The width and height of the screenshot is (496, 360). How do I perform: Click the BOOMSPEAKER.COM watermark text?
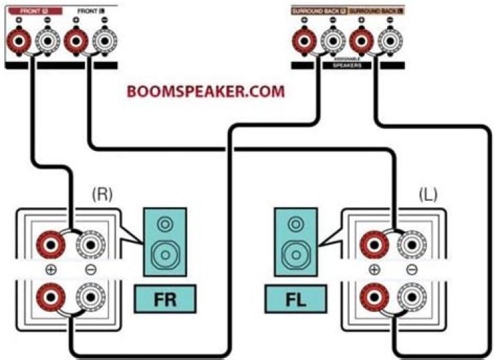(205, 91)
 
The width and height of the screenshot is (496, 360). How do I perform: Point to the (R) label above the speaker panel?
(103, 195)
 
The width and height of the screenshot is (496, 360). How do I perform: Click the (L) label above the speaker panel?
(428, 195)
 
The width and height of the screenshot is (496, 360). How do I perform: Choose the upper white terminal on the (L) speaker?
(412, 243)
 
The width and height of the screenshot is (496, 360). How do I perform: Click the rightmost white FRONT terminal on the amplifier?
(103, 43)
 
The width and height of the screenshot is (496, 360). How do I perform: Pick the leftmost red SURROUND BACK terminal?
(301, 42)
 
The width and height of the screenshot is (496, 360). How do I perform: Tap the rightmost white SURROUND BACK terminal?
(389, 42)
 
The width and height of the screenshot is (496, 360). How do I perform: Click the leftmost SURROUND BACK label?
(318, 12)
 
